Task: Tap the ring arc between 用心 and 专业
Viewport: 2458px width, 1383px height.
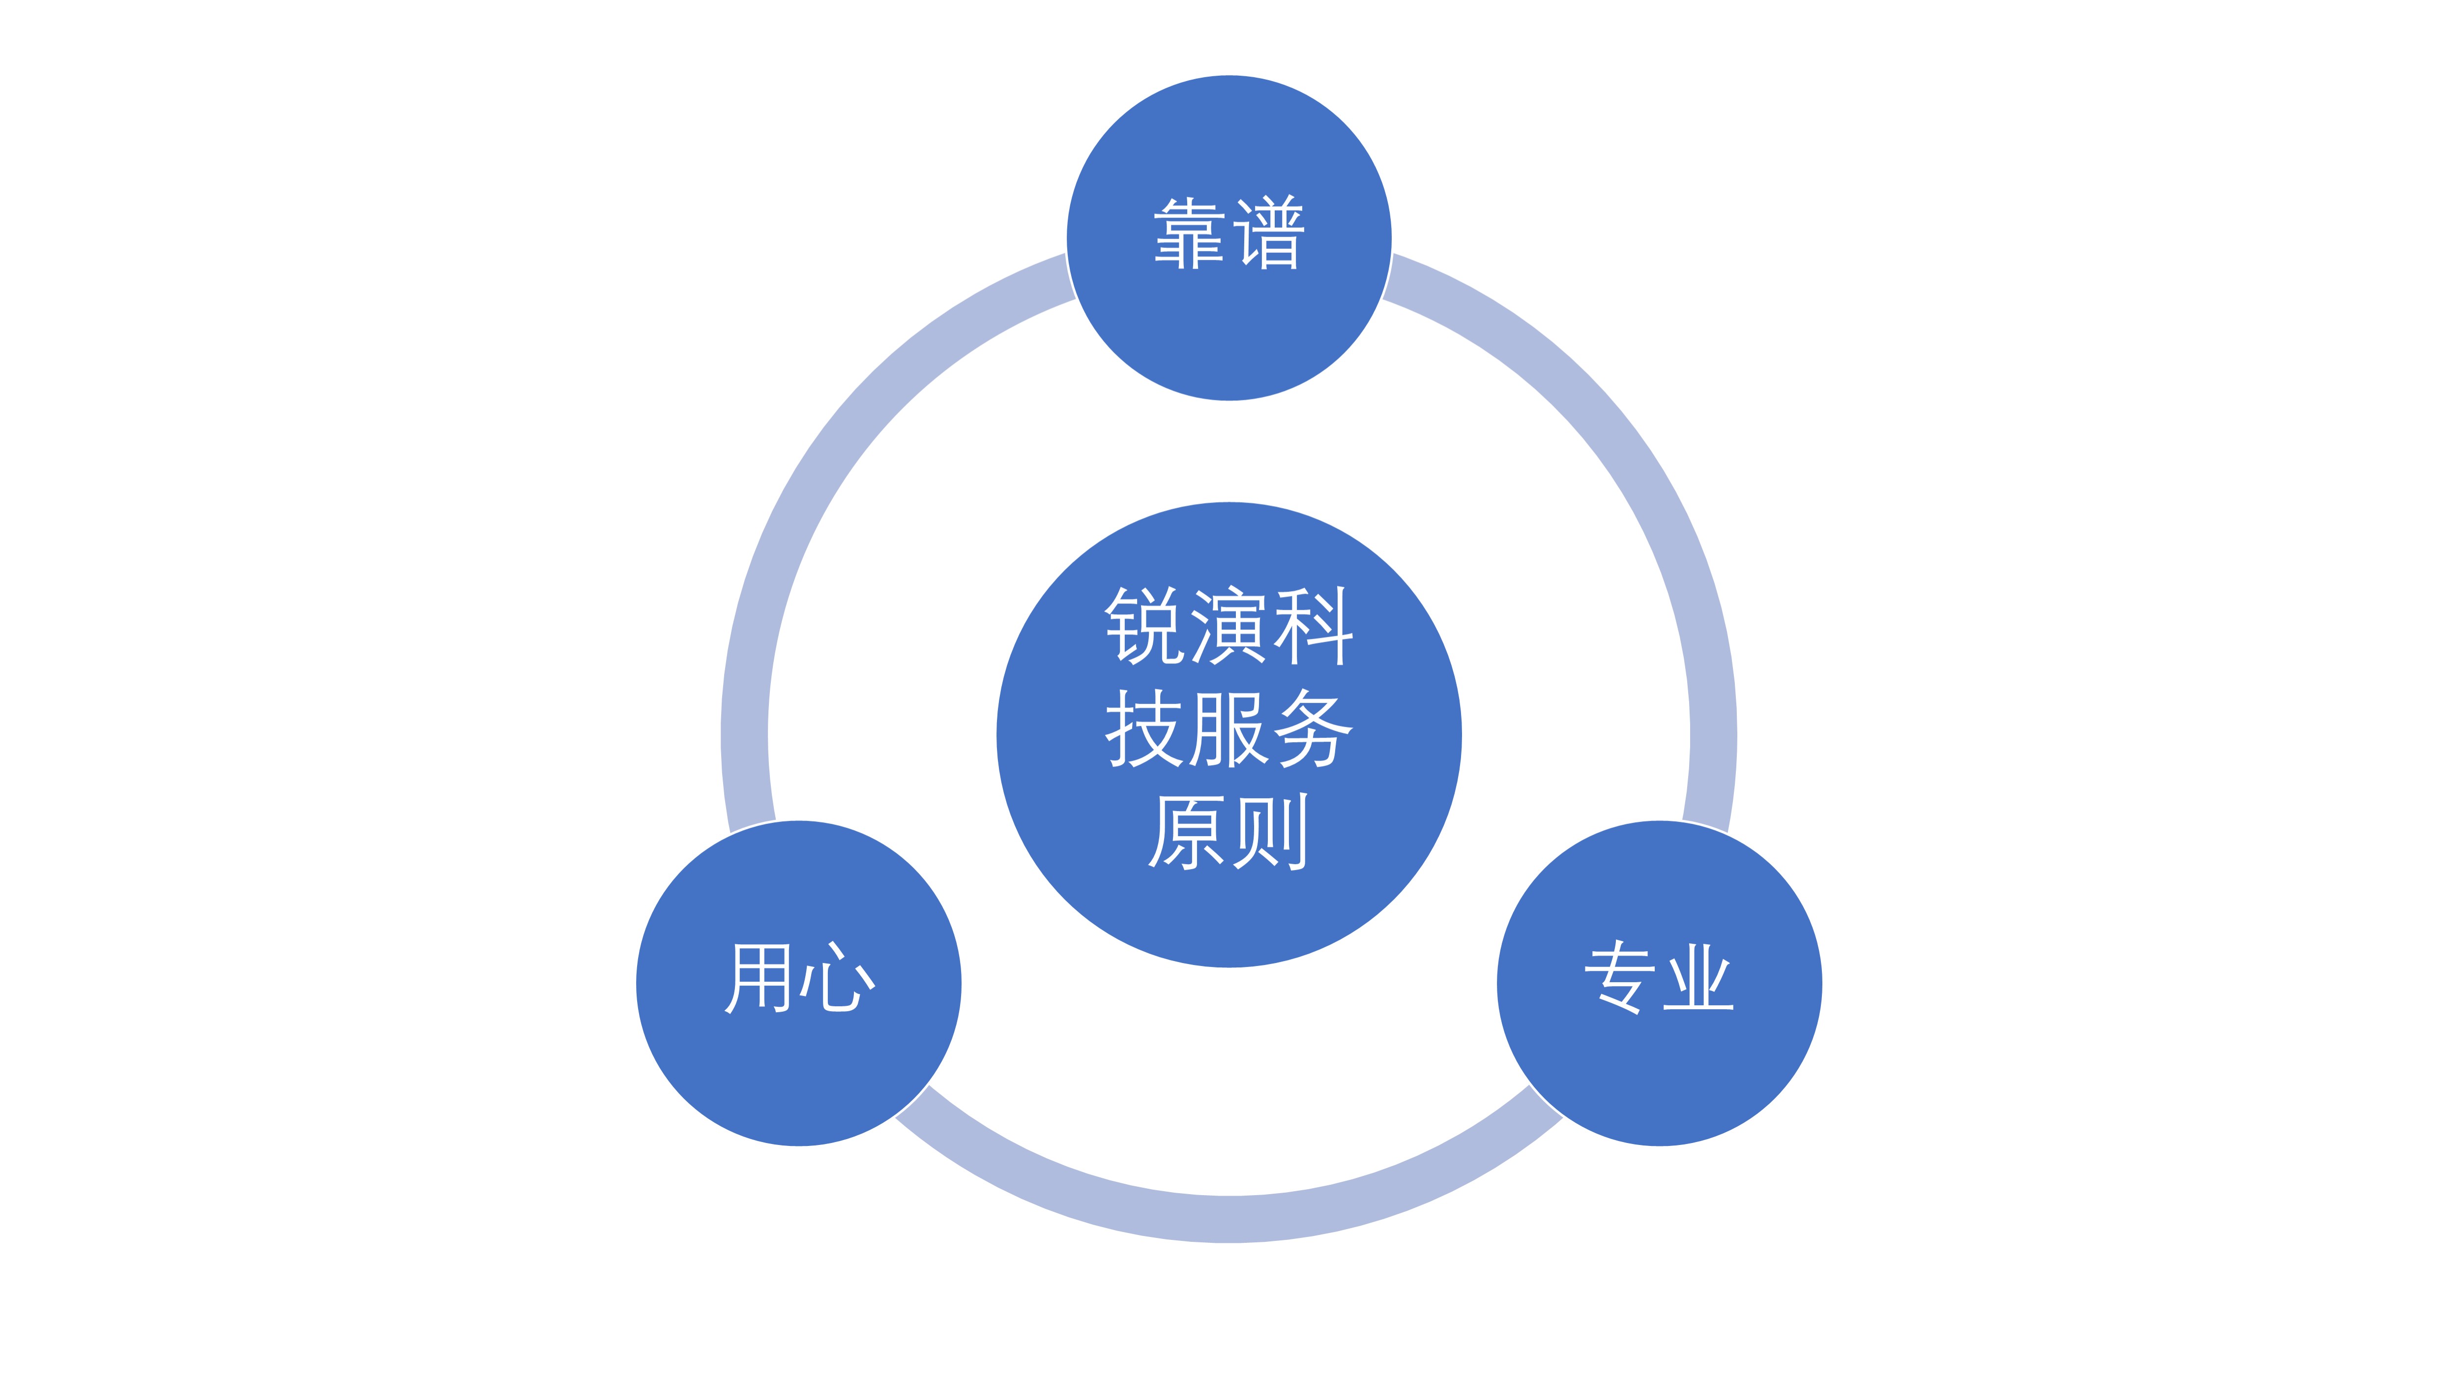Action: coord(1229,1219)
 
